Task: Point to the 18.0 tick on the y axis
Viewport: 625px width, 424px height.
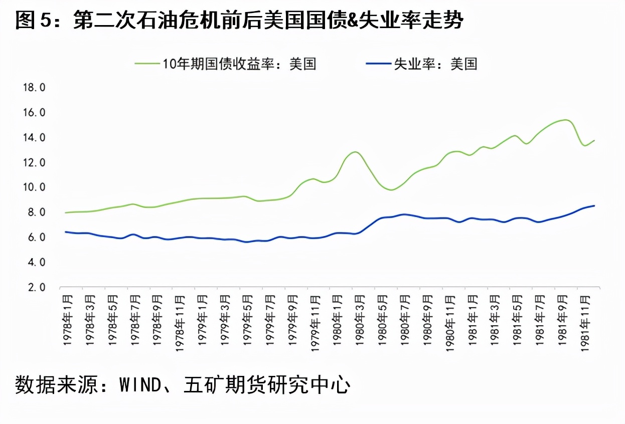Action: point(34,88)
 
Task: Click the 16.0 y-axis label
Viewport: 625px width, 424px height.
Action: point(34,113)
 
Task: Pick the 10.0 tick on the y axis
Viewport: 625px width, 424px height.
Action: point(34,187)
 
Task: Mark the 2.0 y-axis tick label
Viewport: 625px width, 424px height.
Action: point(34,288)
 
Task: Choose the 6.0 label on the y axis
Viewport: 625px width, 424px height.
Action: point(34,238)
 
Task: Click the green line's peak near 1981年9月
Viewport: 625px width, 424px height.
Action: point(565,120)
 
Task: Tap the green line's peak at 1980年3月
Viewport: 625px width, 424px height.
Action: point(355,152)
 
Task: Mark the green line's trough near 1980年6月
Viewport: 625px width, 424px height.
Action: point(391,190)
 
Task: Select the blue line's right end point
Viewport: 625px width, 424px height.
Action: point(594,205)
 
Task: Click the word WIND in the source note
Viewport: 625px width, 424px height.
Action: point(140,385)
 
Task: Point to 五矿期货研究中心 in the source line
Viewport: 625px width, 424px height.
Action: point(266,385)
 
